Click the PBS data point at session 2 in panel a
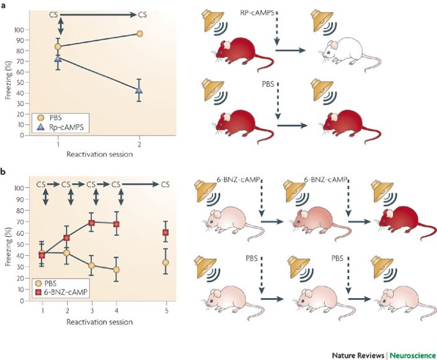(140, 33)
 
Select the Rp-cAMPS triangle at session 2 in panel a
(140, 90)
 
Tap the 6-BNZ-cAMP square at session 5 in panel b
(165, 232)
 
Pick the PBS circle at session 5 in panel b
(165, 262)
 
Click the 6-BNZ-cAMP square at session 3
(92, 223)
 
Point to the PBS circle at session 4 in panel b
(116, 269)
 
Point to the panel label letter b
(5, 171)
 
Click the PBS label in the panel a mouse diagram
(276, 82)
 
